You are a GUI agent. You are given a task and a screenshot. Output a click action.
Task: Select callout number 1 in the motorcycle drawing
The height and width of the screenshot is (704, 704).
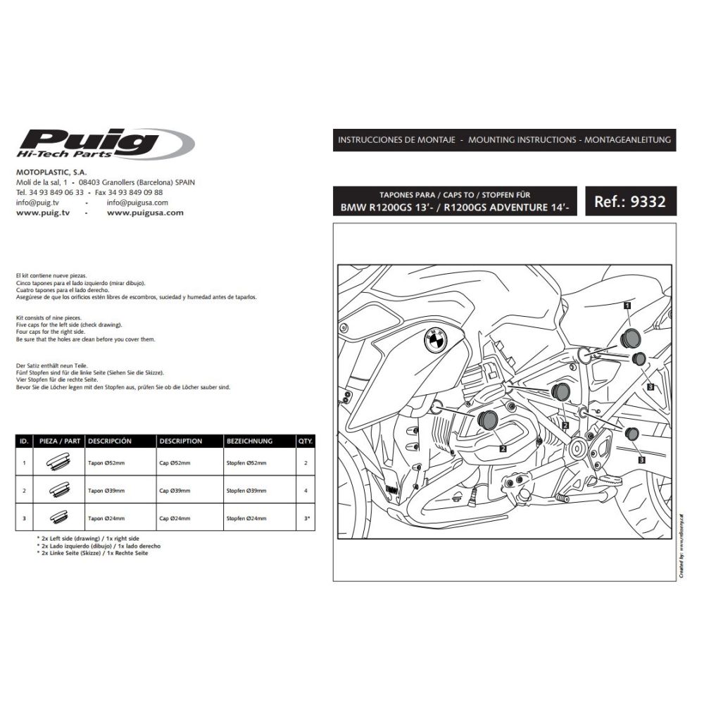pyautogui.click(x=626, y=305)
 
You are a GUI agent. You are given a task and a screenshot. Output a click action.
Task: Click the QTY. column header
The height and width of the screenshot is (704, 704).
pyautogui.click(x=305, y=441)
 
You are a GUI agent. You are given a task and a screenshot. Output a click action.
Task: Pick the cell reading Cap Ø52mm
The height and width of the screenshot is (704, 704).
pyautogui.click(x=175, y=464)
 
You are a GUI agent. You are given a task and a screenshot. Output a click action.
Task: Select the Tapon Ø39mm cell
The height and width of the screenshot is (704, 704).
pyautogui.click(x=107, y=491)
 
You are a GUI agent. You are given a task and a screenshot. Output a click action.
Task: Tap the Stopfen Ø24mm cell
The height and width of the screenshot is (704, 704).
pyautogui.click(x=246, y=518)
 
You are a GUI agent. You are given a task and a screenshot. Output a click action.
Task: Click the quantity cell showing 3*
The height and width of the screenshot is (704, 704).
pyautogui.click(x=305, y=518)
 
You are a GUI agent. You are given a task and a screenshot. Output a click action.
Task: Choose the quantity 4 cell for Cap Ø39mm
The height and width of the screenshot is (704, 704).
pyautogui.click(x=305, y=491)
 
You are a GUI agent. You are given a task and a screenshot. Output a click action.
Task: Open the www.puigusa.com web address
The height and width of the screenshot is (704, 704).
pyautogui.click(x=146, y=212)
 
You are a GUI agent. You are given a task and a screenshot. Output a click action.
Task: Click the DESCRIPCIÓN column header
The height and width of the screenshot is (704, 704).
pyautogui.click(x=110, y=441)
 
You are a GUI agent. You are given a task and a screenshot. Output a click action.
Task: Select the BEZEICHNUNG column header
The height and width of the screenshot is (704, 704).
pyautogui.click(x=249, y=441)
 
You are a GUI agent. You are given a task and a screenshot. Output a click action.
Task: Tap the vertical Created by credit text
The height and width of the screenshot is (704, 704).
pyautogui.click(x=681, y=546)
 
